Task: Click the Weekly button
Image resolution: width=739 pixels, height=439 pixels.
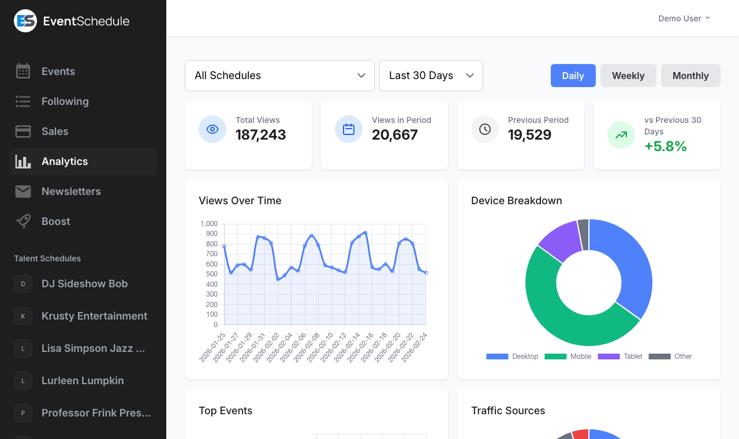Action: point(628,76)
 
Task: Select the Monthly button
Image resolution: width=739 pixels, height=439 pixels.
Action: point(691,76)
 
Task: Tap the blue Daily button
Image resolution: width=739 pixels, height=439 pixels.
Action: point(573,76)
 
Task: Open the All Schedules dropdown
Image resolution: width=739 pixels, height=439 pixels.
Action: point(279,76)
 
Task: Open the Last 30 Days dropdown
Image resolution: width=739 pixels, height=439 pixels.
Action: point(431,76)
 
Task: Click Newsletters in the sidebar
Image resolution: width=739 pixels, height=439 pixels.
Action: point(71,192)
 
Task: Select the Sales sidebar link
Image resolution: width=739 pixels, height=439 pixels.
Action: point(55,132)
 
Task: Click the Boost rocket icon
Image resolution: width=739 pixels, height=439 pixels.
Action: point(23,222)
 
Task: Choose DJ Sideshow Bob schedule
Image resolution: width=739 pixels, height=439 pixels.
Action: point(84,284)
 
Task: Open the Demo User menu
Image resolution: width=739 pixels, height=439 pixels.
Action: point(684,18)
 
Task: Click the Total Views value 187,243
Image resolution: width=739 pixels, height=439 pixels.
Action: point(260,135)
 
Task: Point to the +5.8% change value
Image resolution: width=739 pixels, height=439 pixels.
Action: point(665,147)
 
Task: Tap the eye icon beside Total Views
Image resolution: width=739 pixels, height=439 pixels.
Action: point(212,129)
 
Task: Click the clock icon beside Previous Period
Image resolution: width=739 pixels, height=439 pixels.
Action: point(485,129)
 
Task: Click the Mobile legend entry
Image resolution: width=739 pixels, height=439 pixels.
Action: point(580,357)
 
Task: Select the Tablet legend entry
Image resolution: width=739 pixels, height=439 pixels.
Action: point(632,357)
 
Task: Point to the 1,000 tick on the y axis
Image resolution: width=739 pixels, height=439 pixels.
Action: point(209,224)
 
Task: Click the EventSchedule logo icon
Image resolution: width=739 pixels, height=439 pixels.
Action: point(25,21)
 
